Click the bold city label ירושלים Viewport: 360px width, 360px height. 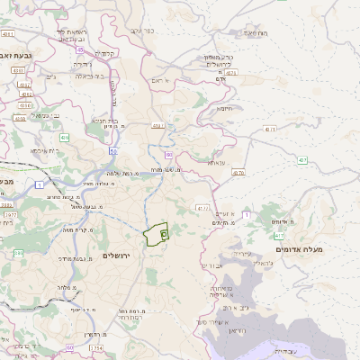(118, 256)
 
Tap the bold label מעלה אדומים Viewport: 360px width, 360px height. (298, 235)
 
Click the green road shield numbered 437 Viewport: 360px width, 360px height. (302, 161)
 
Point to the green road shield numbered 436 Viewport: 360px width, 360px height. (65, 137)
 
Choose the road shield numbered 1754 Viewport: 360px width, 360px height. (96, 347)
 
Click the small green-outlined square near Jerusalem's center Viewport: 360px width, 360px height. (164, 234)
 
